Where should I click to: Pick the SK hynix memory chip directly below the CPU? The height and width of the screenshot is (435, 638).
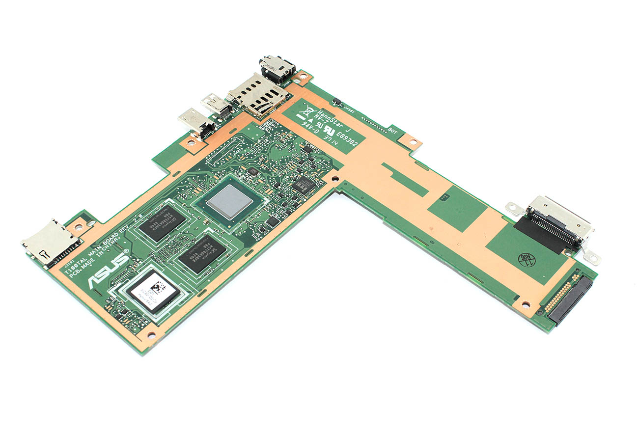202,254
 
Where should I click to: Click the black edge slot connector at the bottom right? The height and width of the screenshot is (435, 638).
571,300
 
